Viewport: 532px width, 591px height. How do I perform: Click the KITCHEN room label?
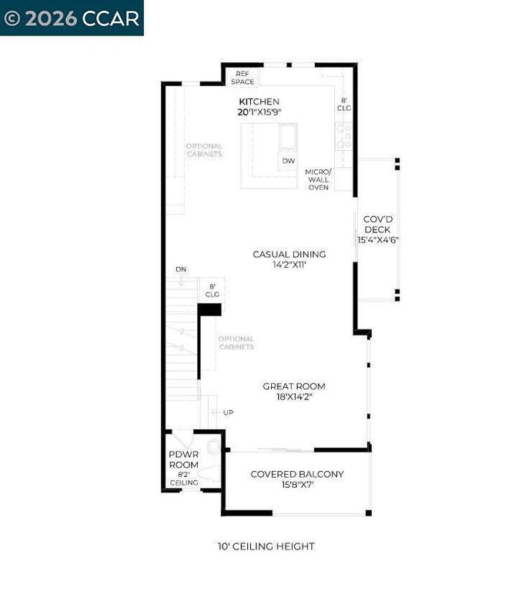click(259, 102)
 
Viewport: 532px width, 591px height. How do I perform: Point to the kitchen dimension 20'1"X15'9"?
click(259, 112)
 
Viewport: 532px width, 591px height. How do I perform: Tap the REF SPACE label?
click(243, 78)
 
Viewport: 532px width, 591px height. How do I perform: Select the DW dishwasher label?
click(289, 161)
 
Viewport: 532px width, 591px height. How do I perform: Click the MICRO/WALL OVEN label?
click(318, 179)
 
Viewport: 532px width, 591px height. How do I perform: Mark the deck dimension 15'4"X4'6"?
click(377, 240)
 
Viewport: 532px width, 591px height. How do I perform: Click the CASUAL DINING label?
click(289, 254)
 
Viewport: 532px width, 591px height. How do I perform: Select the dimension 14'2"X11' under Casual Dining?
click(289, 265)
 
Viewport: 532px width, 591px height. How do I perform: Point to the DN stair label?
click(180, 269)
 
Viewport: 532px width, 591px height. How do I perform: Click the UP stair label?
click(228, 413)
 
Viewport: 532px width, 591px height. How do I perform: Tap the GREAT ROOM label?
click(294, 386)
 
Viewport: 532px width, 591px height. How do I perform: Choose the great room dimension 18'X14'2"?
click(294, 397)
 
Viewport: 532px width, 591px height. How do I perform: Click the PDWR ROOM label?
click(184, 459)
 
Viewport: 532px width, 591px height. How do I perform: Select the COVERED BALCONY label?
click(297, 474)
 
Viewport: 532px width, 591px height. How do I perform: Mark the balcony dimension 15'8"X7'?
click(297, 486)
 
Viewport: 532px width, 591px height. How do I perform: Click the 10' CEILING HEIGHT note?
click(266, 546)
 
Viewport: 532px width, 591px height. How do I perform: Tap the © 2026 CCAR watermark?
click(72, 17)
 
